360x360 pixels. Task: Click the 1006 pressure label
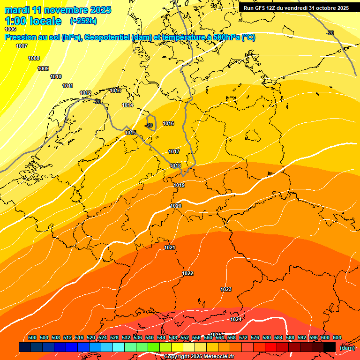coord(10,29)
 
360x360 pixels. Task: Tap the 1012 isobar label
coord(85,93)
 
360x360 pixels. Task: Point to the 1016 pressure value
coord(168,124)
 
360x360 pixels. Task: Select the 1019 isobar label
coord(179,186)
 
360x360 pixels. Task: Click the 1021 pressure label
coord(170,248)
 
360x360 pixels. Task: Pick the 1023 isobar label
coord(226,290)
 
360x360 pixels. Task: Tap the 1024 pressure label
coord(236,320)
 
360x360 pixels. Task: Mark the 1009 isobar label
coord(43,69)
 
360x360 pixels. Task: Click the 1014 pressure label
coord(127,105)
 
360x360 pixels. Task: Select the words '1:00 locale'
coord(33,21)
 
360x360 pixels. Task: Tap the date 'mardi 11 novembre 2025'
coord(58,10)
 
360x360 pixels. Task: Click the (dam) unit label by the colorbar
coord(347,348)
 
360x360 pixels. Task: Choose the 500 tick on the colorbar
coord(32,338)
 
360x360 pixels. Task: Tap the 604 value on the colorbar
coord(337,338)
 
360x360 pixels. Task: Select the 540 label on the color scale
coord(150,338)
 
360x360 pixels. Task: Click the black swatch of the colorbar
coord(330,347)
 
